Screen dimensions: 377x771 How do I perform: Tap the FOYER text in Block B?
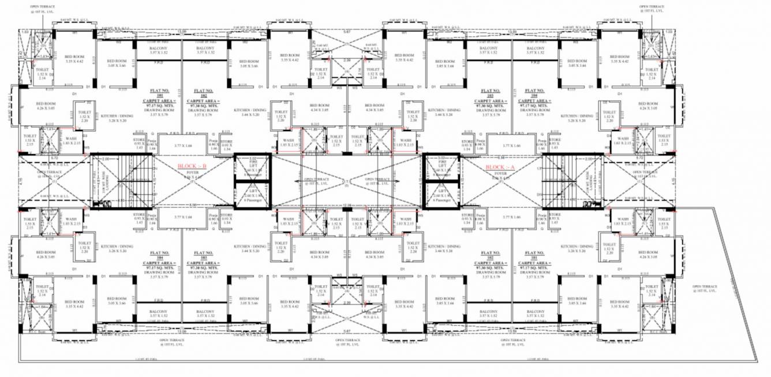point(193,172)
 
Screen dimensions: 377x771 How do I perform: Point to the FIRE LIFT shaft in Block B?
point(252,167)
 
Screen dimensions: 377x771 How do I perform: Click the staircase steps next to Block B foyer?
point(123,180)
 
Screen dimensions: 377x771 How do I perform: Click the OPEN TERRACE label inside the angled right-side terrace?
point(705,288)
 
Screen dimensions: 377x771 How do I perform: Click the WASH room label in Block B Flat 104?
point(71,219)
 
